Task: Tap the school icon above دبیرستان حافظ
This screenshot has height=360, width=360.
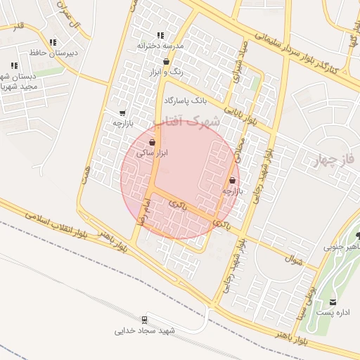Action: (53, 42)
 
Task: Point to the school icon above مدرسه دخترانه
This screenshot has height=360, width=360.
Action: (160, 35)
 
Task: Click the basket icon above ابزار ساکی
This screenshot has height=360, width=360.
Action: (153, 142)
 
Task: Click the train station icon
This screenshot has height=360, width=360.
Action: (146, 319)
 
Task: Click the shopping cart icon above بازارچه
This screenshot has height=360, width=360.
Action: (123, 112)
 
